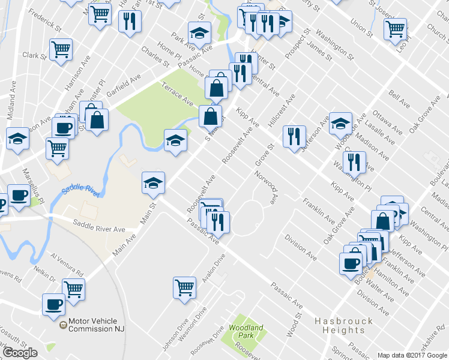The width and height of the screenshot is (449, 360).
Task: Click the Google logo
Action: [x=20, y=353]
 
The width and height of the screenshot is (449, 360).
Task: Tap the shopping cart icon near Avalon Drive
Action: [x=184, y=287]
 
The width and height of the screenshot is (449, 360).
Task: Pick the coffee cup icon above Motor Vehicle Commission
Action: [x=53, y=304]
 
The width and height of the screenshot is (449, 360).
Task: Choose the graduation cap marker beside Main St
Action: [x=153, y=182]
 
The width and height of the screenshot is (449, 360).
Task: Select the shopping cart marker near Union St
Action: [x=395, y=28]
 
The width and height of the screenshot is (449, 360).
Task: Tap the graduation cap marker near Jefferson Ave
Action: [x=340, y=123]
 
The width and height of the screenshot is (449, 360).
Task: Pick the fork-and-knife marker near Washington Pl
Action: [x=354, y=161]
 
